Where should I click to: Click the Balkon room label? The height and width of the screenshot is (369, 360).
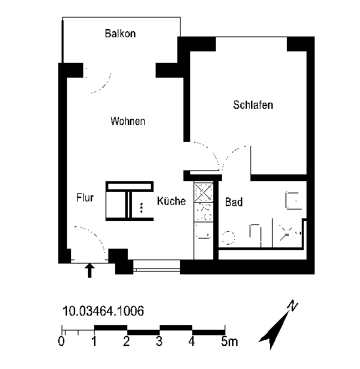pos(120,33)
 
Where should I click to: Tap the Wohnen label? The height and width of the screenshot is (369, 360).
pos(128,121)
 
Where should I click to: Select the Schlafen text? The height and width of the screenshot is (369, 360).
pos(253,105)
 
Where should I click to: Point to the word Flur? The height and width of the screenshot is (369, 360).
pos(85,197)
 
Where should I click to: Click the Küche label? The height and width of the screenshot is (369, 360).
pos(171,201)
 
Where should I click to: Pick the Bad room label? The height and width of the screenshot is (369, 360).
pos(234,202)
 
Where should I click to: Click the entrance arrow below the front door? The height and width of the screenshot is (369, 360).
pos(89,270)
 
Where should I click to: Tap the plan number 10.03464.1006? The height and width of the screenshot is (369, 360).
pos(103,311)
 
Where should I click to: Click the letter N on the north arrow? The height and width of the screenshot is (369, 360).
pos(293,305)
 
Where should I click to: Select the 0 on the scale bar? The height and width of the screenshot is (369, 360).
pos(62,341)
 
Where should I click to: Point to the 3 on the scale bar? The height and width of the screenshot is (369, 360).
pos(159,341)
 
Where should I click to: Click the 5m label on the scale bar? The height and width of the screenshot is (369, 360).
pos(229,341)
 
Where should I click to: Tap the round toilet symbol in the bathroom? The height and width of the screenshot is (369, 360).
pos(228,238)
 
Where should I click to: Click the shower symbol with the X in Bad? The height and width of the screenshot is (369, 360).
pos(288,233)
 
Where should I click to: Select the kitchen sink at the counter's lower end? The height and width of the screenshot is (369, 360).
pos(203,234)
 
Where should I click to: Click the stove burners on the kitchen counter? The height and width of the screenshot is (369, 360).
pos(204,212)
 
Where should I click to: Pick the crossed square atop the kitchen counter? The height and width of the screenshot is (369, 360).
pos(204,192)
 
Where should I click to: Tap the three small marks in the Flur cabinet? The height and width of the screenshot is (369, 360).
pos(141,207)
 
